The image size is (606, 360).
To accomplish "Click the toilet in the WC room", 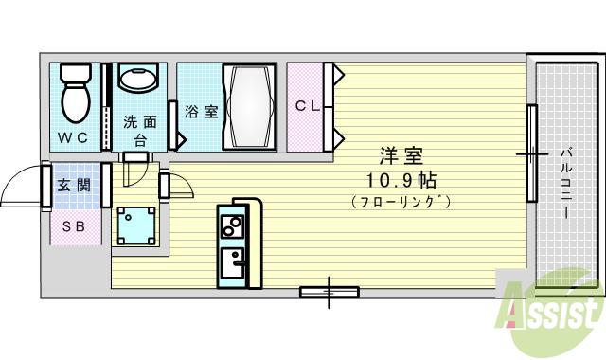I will [x=74, y=93].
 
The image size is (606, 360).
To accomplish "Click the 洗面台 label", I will [x=139, y=130].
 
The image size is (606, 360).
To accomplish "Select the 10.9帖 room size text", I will [x=401, y=179].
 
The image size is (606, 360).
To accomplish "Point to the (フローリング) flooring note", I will [x=401, y=202].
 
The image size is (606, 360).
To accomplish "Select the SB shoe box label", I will [x=73, y=226].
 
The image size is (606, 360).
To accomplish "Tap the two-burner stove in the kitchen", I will [x=231, y=227].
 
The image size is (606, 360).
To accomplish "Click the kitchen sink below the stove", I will [x=231, y=260].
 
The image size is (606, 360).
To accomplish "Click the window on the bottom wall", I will [x=329, y=292].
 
